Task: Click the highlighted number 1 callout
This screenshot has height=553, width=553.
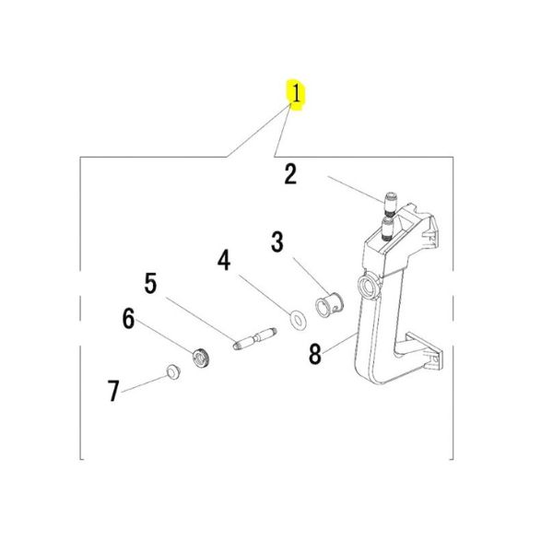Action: click(x=296, y=94)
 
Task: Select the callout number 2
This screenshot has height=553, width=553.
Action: click(x=290, y=174)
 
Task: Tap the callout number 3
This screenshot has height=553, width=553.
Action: click(x=277, y=241)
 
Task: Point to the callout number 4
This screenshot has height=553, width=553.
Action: click(x=224, y=260)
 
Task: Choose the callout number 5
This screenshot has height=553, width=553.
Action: click(x=150, y=283)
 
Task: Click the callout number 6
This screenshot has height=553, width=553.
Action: click(x=129, y=318)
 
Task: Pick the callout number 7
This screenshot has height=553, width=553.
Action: click(x=113, y=391)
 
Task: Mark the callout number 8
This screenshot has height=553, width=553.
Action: click(x=315, y=354)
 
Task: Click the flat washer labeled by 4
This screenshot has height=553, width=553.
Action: click(x=298, y=320)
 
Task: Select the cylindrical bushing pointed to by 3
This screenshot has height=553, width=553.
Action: click(x=329, y=304)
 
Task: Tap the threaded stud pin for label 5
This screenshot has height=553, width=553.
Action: click(x=255, y=339)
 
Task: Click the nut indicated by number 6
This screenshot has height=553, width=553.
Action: click(x=202, y=358)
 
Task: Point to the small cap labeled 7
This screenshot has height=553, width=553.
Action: click(x=173, y=372)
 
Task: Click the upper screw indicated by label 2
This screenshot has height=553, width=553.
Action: click(x=391, y=205)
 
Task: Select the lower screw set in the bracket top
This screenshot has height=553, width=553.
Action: click(x=388, y=229)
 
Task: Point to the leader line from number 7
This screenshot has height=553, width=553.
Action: click(x=145, y=383)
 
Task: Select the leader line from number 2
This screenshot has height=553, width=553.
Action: click(x=356, y=190)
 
